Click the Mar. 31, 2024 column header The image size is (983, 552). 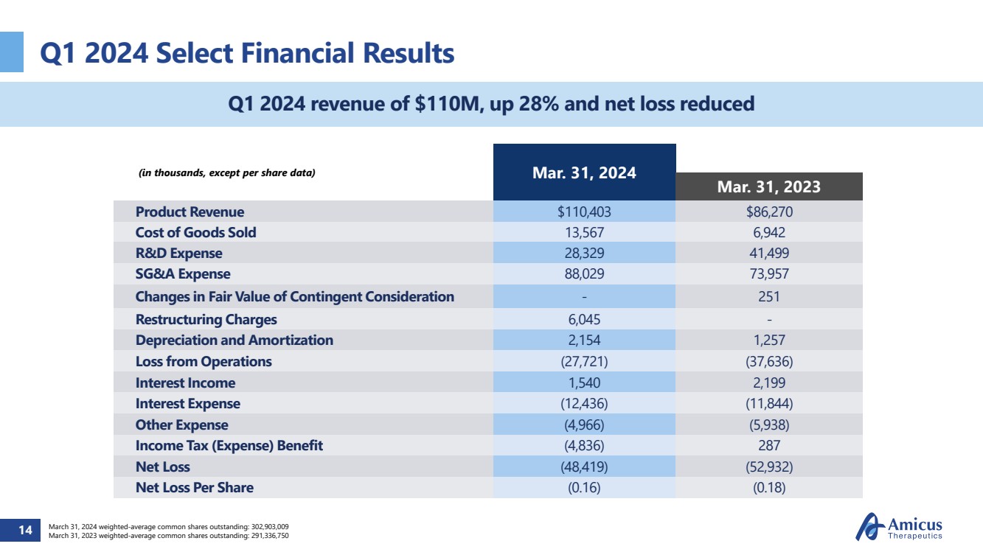coord(584,173)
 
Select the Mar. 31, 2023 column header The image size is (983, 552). coord(768,187)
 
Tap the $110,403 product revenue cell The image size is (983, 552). coord(584,212)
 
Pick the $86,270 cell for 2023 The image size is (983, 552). coord(768,212)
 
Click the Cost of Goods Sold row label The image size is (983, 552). coord(195,233)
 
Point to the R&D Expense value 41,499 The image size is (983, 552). coord(768,254)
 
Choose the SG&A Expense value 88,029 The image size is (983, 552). coord(584,274)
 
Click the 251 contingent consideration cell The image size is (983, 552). coord(768,296)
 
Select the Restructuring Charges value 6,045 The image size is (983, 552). coord(584,319)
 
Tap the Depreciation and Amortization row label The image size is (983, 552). coord(234,340)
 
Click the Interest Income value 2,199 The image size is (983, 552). coord(768,382)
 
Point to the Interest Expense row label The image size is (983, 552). coord(187,404)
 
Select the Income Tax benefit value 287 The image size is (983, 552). coord(768,446)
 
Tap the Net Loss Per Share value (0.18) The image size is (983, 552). coord(768,488)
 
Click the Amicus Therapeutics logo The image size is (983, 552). coord(898,528)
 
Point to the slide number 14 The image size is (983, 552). coord(25,530)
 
